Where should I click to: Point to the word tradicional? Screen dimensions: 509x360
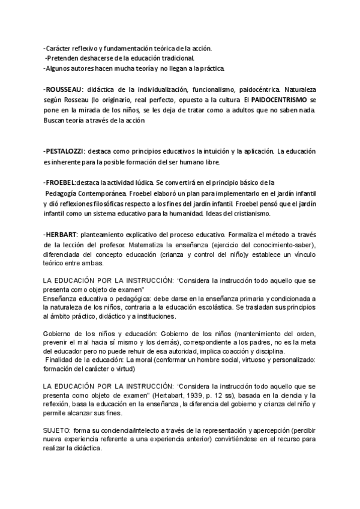[173, 58]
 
